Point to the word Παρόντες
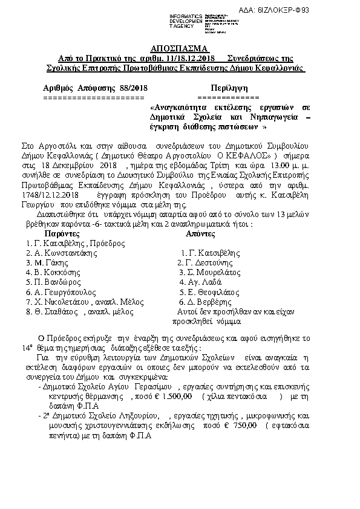(65, 233)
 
